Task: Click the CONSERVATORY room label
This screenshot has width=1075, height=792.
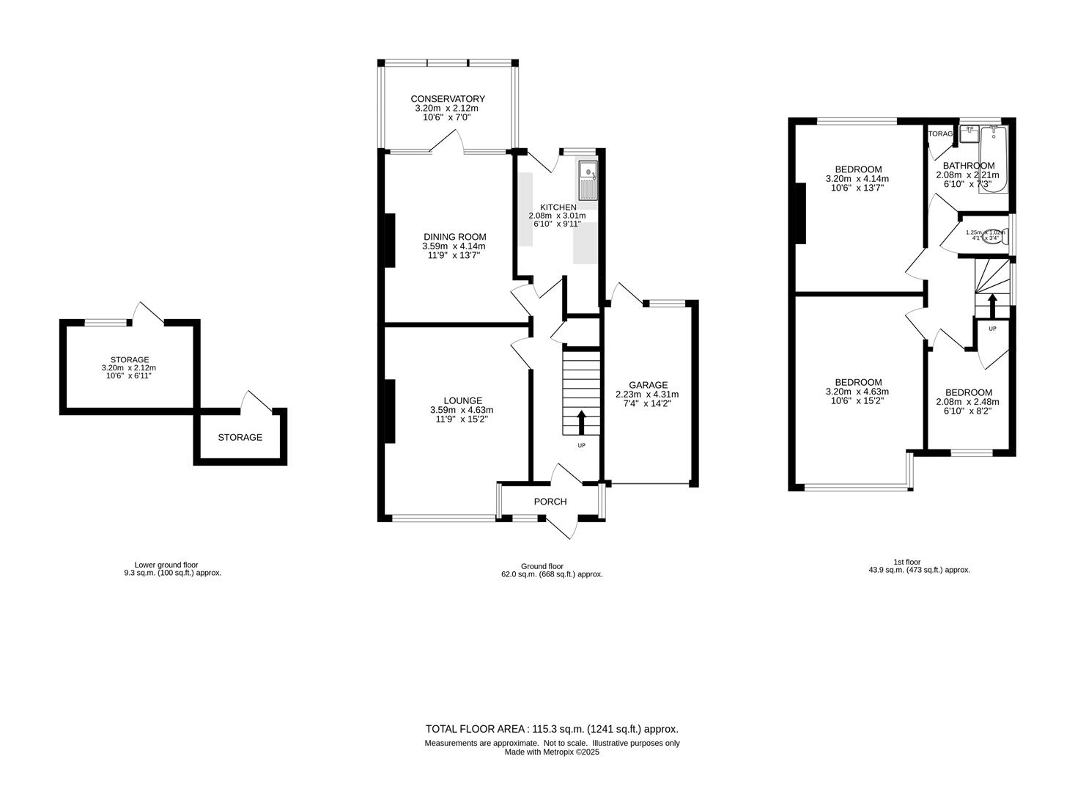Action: [x=447, y=99]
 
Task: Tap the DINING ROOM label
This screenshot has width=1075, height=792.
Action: [x=454, y=237]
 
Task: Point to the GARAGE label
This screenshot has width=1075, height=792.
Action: [x=648, y=385]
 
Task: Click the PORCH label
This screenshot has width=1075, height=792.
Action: [x=550, y=502]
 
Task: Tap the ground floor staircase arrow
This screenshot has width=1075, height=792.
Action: [x=582, y=423]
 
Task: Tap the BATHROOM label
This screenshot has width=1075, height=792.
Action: [x=968, y=166]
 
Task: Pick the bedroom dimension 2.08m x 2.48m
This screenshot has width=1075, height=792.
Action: [x=967, y=402]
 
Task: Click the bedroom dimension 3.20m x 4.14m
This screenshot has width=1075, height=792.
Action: [x=857, y=179]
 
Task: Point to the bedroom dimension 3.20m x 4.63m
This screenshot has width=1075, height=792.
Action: [x=858, y=392]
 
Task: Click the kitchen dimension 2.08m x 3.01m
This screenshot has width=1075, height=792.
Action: [x=558, y=216]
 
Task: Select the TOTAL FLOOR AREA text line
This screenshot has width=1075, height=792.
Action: [x=552, y=729]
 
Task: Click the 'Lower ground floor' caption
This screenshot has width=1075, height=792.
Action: [x=171, y=565]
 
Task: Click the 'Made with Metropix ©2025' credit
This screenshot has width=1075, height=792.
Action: [x=552, y=752]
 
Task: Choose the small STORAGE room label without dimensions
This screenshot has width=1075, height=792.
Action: [x=240, y=438]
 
